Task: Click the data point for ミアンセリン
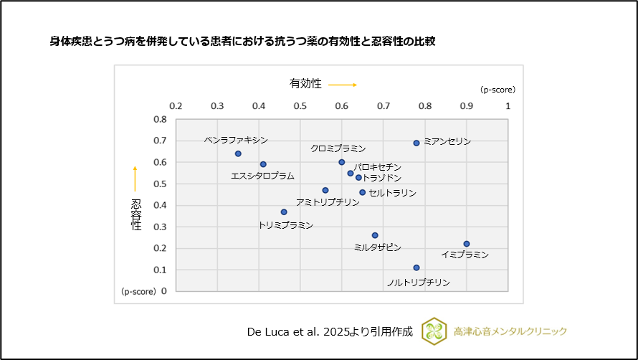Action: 416,143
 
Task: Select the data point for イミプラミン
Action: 467,244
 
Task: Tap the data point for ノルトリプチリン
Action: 416,267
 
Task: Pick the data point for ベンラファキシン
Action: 238,153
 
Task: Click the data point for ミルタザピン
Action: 375,235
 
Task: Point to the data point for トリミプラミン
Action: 284,212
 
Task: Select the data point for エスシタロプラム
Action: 263,164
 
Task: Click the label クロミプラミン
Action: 338,148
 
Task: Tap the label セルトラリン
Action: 392,193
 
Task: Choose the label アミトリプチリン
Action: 328,202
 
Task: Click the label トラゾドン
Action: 383,177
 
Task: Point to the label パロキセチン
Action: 377,167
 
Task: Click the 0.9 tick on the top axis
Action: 467,105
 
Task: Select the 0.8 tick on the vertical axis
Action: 161,120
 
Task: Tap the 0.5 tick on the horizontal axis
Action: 300,105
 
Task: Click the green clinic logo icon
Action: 434,331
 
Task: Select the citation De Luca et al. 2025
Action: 330,331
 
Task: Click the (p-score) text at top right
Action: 497,90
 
